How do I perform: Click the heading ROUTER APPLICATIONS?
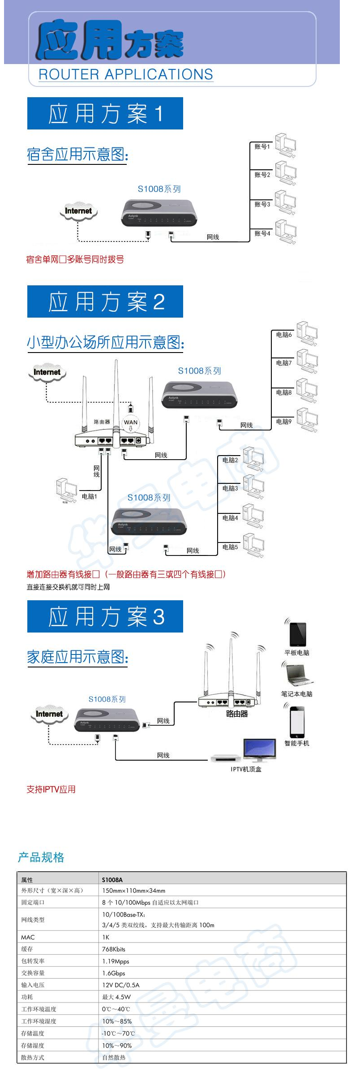click(125, 74)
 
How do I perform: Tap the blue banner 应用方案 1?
click(105, 113)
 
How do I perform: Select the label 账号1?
click(262, 146)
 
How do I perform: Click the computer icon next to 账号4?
click(286, 232)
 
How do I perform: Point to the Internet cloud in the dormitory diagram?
click(78, 211)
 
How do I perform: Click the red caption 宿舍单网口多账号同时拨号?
click(75, 259)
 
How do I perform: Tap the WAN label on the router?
click(131, 422)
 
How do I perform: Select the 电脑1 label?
click(89, 496)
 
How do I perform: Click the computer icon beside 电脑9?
click(307, 420)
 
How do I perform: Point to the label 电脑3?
click(230, 488)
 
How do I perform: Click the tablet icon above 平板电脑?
click(298, 634)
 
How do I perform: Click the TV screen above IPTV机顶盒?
click(259, 749)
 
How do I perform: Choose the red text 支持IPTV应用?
click(51, 789)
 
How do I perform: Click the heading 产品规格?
click(41, 857)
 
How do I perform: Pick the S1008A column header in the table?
click(112, 880)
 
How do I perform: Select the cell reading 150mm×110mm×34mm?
click(133, 891)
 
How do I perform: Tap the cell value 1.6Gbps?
click(114, 973)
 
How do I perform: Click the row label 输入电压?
click(33, 985)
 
